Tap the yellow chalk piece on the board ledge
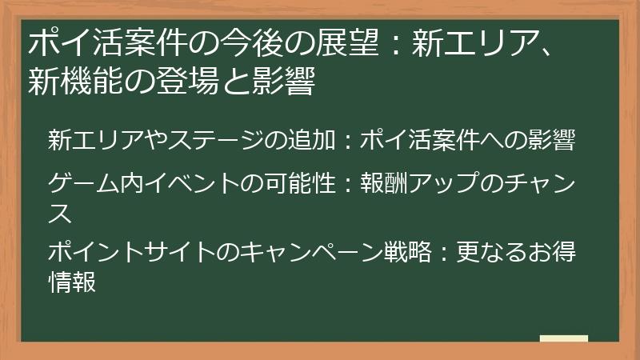[563, 339]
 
